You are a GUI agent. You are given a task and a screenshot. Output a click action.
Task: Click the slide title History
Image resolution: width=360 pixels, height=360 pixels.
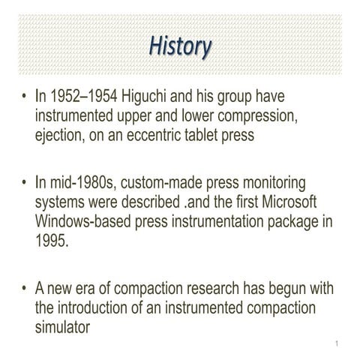pos(179,46)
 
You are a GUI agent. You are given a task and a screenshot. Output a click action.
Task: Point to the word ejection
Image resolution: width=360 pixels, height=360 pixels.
pos(61,134)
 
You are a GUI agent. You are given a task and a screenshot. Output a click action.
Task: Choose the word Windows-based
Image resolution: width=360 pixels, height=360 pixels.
pos(88,222)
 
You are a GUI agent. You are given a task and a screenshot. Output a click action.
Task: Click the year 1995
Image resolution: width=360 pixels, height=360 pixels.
pos(52,241)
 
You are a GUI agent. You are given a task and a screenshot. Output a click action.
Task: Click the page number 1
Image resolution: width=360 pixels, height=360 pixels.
pos(338,344)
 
